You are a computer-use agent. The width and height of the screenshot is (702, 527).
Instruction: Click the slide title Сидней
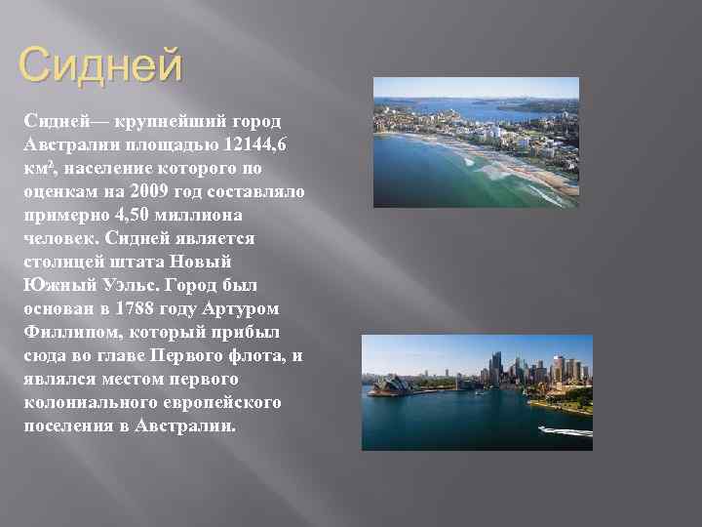(x=100, y=66)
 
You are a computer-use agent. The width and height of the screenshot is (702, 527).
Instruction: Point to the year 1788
(x=146, y=308)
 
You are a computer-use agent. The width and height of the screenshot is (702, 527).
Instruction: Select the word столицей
(x=65, y=262)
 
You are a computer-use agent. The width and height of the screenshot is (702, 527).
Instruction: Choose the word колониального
(x=87, y=402)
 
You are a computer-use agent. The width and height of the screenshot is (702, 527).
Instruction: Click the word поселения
(x=66, y=426)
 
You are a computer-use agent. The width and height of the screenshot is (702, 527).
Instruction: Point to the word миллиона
(x=202, y=215)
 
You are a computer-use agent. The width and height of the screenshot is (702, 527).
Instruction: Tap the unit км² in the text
(x=38, y=168)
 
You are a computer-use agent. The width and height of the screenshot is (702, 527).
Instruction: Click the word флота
(x=257, y=355)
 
